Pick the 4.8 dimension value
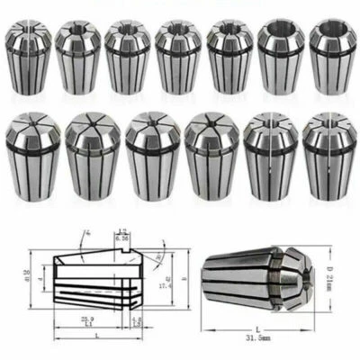point(136,318)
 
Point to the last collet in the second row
point(325,154)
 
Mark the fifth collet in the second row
point(266,154)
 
